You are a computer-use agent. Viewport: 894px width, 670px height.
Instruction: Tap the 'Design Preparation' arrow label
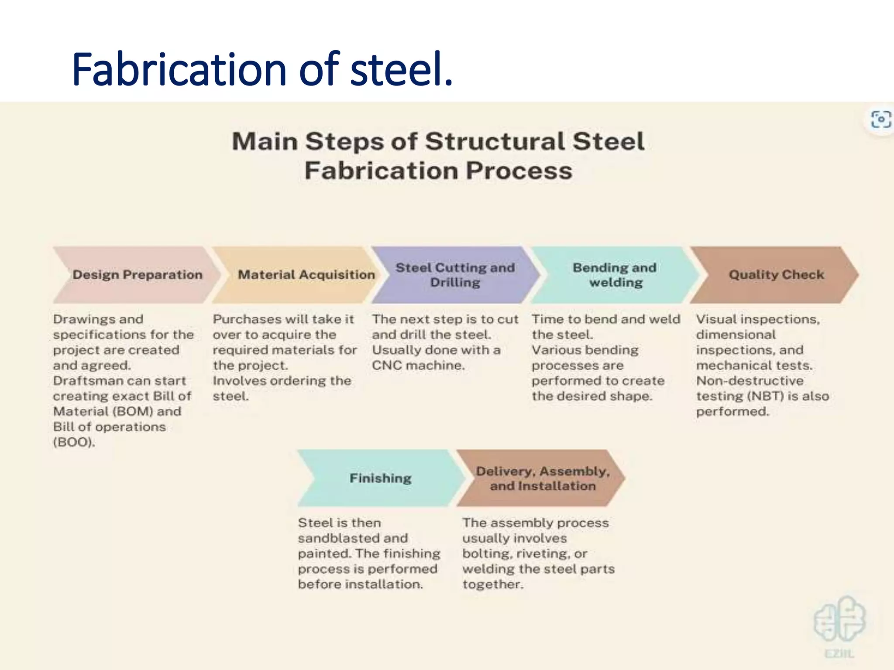(137, 275)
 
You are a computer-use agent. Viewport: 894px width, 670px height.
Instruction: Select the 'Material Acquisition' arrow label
(306, 275)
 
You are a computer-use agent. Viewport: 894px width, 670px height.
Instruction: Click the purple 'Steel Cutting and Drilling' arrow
(455, 275)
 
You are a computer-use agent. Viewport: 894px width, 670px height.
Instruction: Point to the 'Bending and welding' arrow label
(615, 275)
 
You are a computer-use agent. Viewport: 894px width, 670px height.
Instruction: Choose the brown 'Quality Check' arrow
(776, 275)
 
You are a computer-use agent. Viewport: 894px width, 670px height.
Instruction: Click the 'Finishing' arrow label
(380, 478)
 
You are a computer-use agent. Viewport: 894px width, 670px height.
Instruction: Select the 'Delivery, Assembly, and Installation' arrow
(542, 478)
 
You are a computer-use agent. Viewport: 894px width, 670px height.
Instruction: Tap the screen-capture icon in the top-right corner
(880, 120)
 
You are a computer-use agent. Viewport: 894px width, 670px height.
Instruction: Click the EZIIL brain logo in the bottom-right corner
(839, 619)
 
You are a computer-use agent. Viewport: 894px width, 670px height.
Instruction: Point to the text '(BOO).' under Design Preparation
(74, 442)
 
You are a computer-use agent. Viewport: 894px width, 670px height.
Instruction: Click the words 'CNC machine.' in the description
(418, 366)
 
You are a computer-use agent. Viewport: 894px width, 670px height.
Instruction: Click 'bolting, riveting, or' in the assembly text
(524, 554)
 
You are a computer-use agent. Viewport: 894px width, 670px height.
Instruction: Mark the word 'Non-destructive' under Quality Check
(750, 381)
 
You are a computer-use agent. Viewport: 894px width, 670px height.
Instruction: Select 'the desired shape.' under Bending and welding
(591, 396)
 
